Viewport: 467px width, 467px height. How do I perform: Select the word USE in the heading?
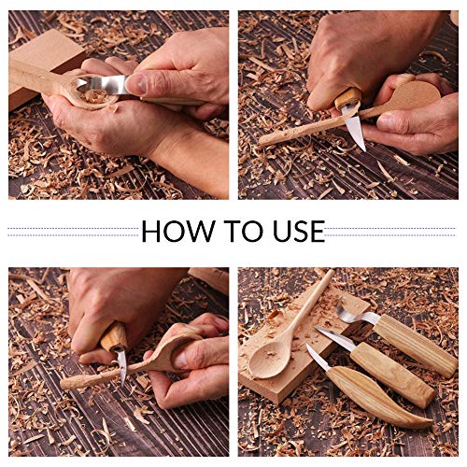click(291, 232)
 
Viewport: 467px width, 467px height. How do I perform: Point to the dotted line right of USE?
click(392, 232)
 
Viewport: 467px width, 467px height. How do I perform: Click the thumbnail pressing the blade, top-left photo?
click(136, 83)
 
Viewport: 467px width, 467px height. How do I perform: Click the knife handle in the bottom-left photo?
click(114, 336)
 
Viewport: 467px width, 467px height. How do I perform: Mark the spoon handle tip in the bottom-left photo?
click(67, 382)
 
